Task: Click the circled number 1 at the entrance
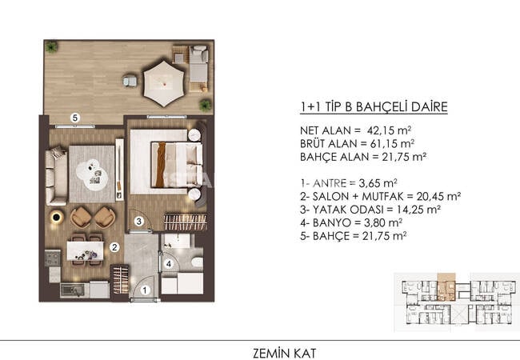(x=145, y=290)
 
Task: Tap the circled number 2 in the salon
(x=114, y=247)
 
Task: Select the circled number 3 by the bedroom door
(x=139, y=221)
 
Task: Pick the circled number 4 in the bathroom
(x=169, y=264)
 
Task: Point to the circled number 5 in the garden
(x=75, y=118)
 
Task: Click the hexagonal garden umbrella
(x=164, y=83)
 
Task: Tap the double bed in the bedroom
(x=177, y=165)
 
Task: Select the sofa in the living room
(x=56, y=176)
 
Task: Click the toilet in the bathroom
(x=198, y=262)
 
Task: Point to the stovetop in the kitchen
(x=53, y=258)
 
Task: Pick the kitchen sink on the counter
(x=73, y=290)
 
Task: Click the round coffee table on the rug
(x=92, y=174)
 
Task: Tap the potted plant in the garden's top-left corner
(x=52, y=47)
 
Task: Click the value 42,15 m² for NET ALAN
(x=390, y=130)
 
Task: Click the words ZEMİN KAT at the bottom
(x=285, y=353)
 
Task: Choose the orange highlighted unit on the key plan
(x=446, y=287)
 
